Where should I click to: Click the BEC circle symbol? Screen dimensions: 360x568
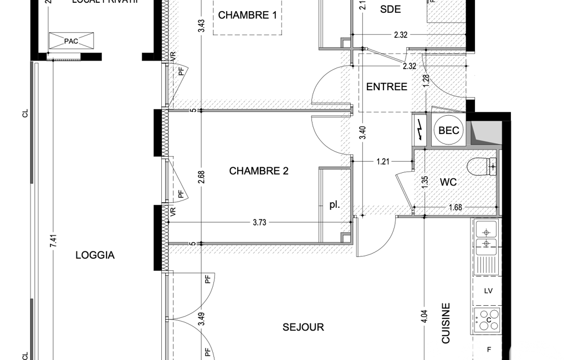(x=449, y=131)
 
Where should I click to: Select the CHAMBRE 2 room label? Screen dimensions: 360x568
(x=259, y=171)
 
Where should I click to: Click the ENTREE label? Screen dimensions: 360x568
(x=387, y=87)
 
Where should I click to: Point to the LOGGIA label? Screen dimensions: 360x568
(x=95, y=255)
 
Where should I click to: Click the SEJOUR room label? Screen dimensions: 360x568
(x=303, y=327)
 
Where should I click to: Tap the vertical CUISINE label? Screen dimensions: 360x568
(x=446, y=323)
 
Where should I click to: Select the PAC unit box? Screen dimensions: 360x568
(x=71, y=40)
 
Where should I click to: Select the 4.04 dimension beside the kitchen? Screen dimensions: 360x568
(x=424, y=316)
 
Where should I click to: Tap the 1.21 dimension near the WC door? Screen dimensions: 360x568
(x=383, y=162)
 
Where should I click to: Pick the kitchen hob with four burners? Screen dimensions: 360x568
(x=487, y=320)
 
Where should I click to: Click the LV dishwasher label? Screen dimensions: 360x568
(x=488, y=291)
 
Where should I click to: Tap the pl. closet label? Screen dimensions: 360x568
(x=334, y=205)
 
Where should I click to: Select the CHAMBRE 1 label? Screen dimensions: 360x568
(x=247, y=15)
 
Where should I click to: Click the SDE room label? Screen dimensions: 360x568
(x=390, y=9)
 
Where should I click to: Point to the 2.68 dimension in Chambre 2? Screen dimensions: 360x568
(x=202, y=177)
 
